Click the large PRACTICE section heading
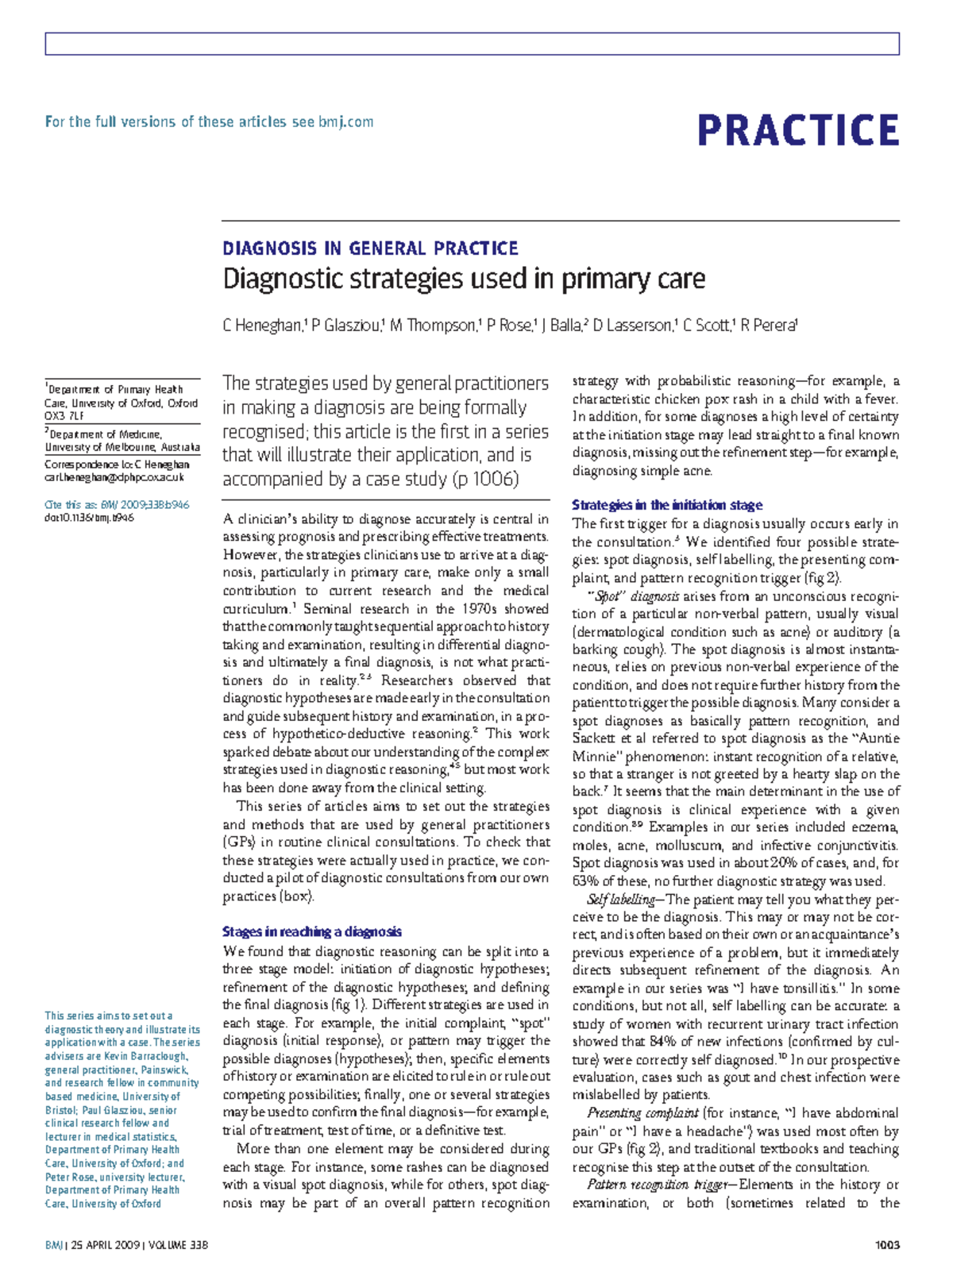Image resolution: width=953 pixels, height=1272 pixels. point(797,130)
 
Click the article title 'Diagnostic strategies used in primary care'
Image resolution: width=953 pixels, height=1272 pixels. point(464,279)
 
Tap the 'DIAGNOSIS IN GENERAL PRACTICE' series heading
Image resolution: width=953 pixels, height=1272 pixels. point(370,249)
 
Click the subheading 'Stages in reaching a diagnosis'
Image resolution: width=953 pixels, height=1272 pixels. point(312,932)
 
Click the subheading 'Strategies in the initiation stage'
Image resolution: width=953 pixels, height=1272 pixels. point(667,505)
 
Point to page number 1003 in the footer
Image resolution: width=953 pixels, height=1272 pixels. point(887,1245)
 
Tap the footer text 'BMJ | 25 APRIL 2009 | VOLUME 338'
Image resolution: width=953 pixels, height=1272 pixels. point(127,1245)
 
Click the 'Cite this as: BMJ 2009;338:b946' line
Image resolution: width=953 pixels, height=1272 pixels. point(117,504)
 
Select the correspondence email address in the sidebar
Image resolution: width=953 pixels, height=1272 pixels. point(114,478)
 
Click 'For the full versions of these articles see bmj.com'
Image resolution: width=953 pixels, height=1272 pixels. point(209,122)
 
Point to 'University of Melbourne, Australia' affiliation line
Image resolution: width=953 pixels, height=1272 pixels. point(122,448)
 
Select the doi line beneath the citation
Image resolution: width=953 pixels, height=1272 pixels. point(89,518)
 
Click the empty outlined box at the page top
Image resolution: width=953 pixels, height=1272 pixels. point(472,44)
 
